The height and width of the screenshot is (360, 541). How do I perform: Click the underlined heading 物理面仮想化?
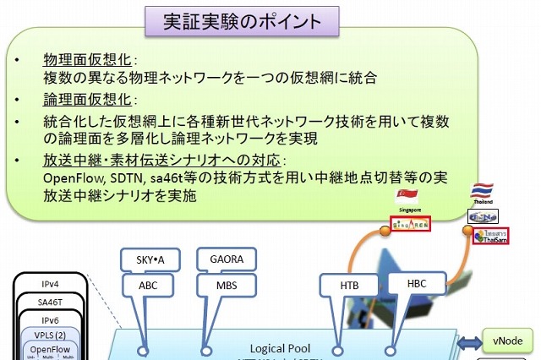89,61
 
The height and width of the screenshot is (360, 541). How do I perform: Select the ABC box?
147,286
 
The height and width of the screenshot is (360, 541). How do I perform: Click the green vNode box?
505,342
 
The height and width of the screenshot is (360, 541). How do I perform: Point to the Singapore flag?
408,194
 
